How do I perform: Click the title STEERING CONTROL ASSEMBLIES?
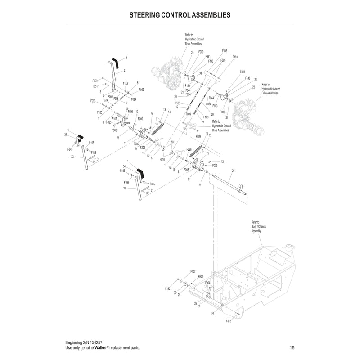tap(180, 14)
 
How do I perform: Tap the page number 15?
tap(292, 348)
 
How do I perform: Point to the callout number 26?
tap(233, 171)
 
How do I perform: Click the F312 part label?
tap(229, 321)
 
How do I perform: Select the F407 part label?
tap(193, 272)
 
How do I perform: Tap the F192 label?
tap(168, 288)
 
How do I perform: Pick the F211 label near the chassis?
tap(211, 288)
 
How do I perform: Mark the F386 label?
tap(116, 99)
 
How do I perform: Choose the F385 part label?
tap(115, 130)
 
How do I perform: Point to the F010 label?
tap(162, 159)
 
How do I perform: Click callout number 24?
tap(255, 79)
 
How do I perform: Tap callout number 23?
tap(200, 74)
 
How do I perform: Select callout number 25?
tap(207, 153)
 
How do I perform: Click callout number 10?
tap(137, 112)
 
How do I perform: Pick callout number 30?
tap(175, 292)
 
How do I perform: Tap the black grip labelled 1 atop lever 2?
tap(115, 63)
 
